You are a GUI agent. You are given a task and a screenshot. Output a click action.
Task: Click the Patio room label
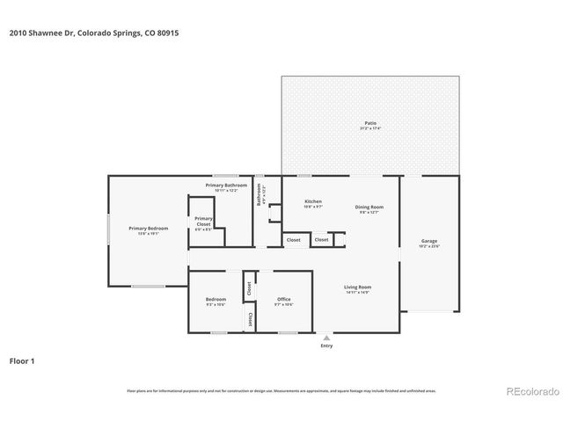coord(369,122)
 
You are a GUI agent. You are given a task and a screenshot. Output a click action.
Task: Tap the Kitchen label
coord(313,201)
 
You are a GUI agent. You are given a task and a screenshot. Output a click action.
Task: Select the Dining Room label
coord(369,207)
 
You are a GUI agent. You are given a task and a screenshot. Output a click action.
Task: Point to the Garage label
coord(428,241)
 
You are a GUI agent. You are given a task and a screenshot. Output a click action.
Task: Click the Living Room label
coord(357,287)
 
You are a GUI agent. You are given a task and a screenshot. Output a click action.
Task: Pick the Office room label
coord(283,300)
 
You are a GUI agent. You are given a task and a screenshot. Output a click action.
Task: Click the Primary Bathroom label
coord(226,186)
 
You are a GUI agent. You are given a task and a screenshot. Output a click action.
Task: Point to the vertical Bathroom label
coord(259,193)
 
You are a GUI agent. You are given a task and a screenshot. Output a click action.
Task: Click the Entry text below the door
coord(327,346)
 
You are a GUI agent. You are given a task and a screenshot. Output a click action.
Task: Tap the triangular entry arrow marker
coord(327,338)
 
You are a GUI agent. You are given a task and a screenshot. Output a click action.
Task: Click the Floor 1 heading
coord(23,360)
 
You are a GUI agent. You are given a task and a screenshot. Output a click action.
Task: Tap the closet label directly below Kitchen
coord(294,239)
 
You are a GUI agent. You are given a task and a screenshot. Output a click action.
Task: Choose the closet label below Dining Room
coord(322,239)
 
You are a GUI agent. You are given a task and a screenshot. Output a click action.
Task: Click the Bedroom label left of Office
coord(216,300)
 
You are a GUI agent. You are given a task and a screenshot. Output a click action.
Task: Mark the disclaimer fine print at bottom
coord(281,390)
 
